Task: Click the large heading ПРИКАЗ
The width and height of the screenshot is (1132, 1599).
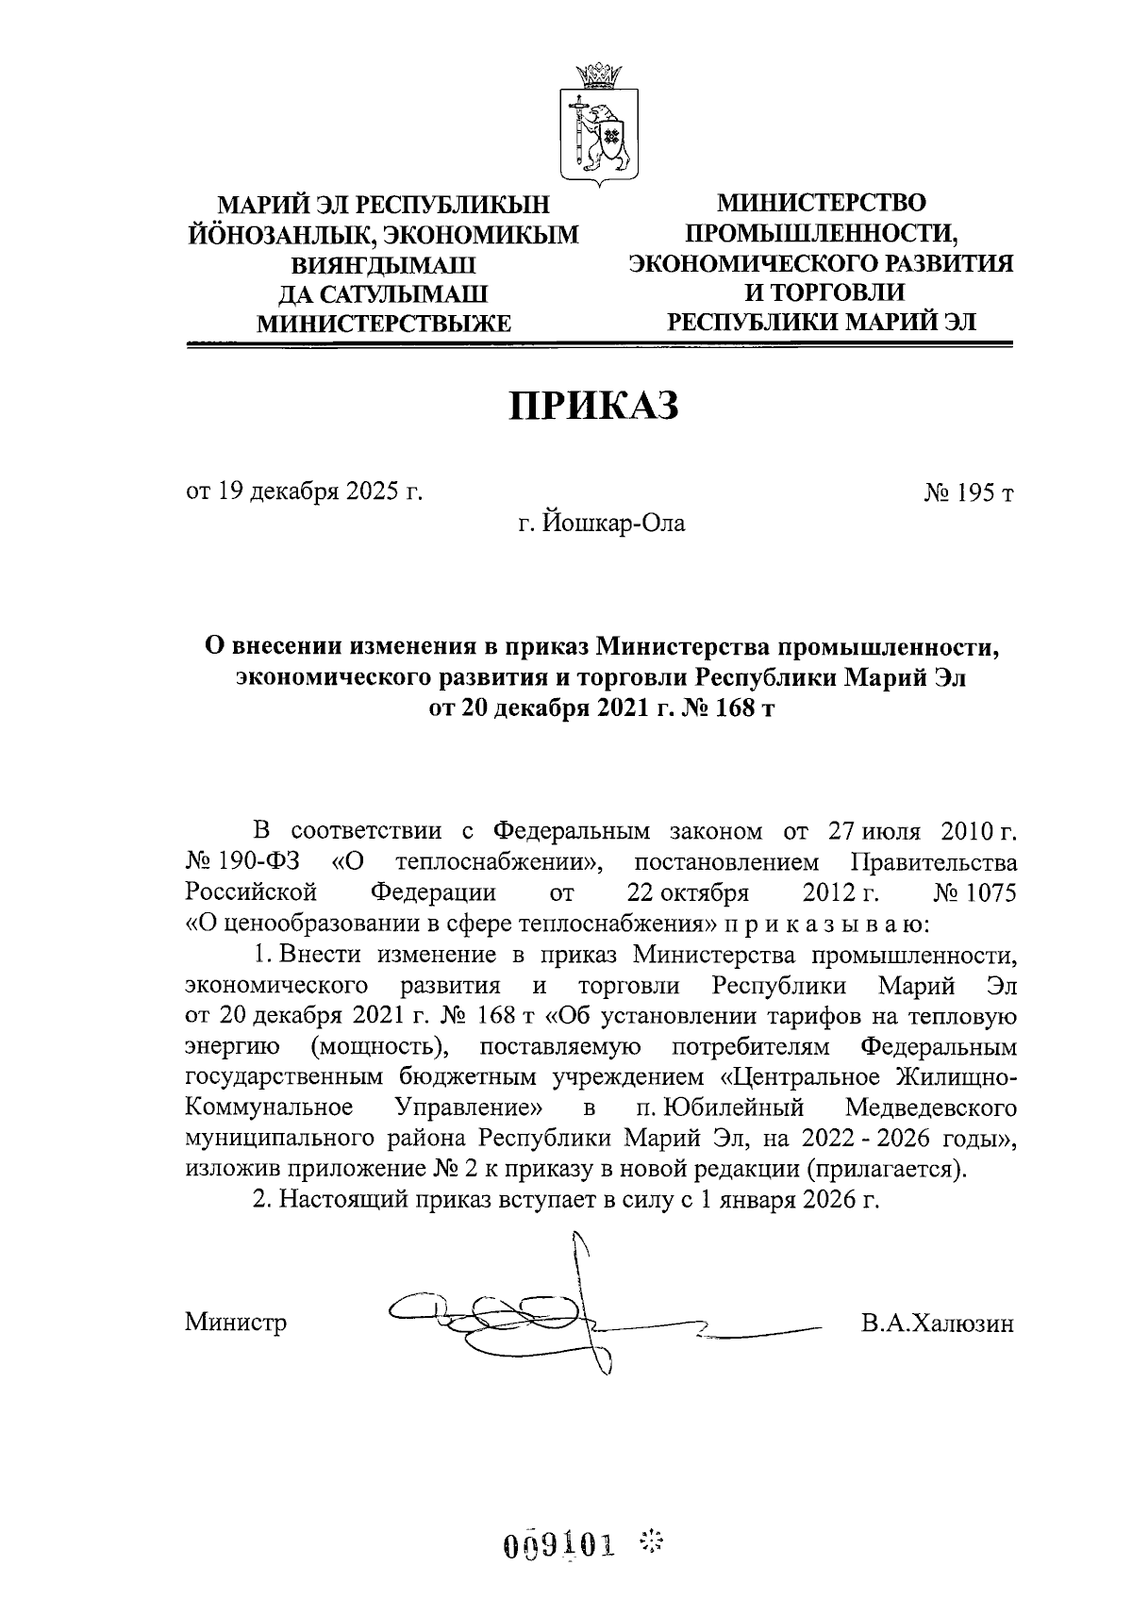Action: [594, 407]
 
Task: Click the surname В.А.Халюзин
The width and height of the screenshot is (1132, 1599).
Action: [937, 1323]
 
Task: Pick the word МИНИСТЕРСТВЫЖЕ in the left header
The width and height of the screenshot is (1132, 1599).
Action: [385, 324]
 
